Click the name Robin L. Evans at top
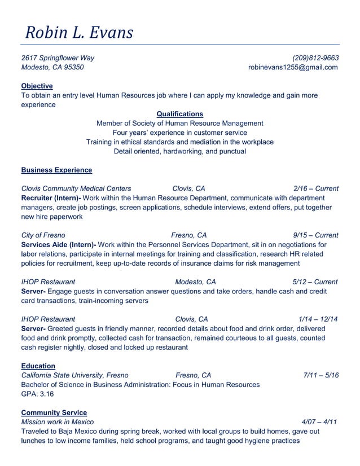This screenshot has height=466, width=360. pos(79,32)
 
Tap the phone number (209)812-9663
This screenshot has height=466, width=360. pos(315,58)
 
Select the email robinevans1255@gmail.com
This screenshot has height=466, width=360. pos(293,67)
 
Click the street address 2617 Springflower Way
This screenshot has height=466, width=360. pos(58,58)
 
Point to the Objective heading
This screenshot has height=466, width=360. pos(37,86)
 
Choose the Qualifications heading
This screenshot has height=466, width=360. pos(179,114)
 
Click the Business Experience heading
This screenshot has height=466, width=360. pos(56,170)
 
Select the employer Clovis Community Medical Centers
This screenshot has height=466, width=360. pos(76,188)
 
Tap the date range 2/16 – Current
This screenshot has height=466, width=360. pos(316,188)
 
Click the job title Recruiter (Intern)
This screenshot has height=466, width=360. pos(51,198)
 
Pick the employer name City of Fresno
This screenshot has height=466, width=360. pos(43,235)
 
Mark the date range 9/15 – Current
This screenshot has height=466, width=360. pos(315,235)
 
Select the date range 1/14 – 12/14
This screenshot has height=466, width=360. pos(318,319)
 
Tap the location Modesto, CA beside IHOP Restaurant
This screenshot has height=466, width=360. pos(195,282)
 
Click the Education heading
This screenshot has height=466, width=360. pos(38,366)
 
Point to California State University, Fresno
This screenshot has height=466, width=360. pos(74,375)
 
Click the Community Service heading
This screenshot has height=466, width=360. pos(54,412)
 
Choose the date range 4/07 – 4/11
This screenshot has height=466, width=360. pos(320,422)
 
